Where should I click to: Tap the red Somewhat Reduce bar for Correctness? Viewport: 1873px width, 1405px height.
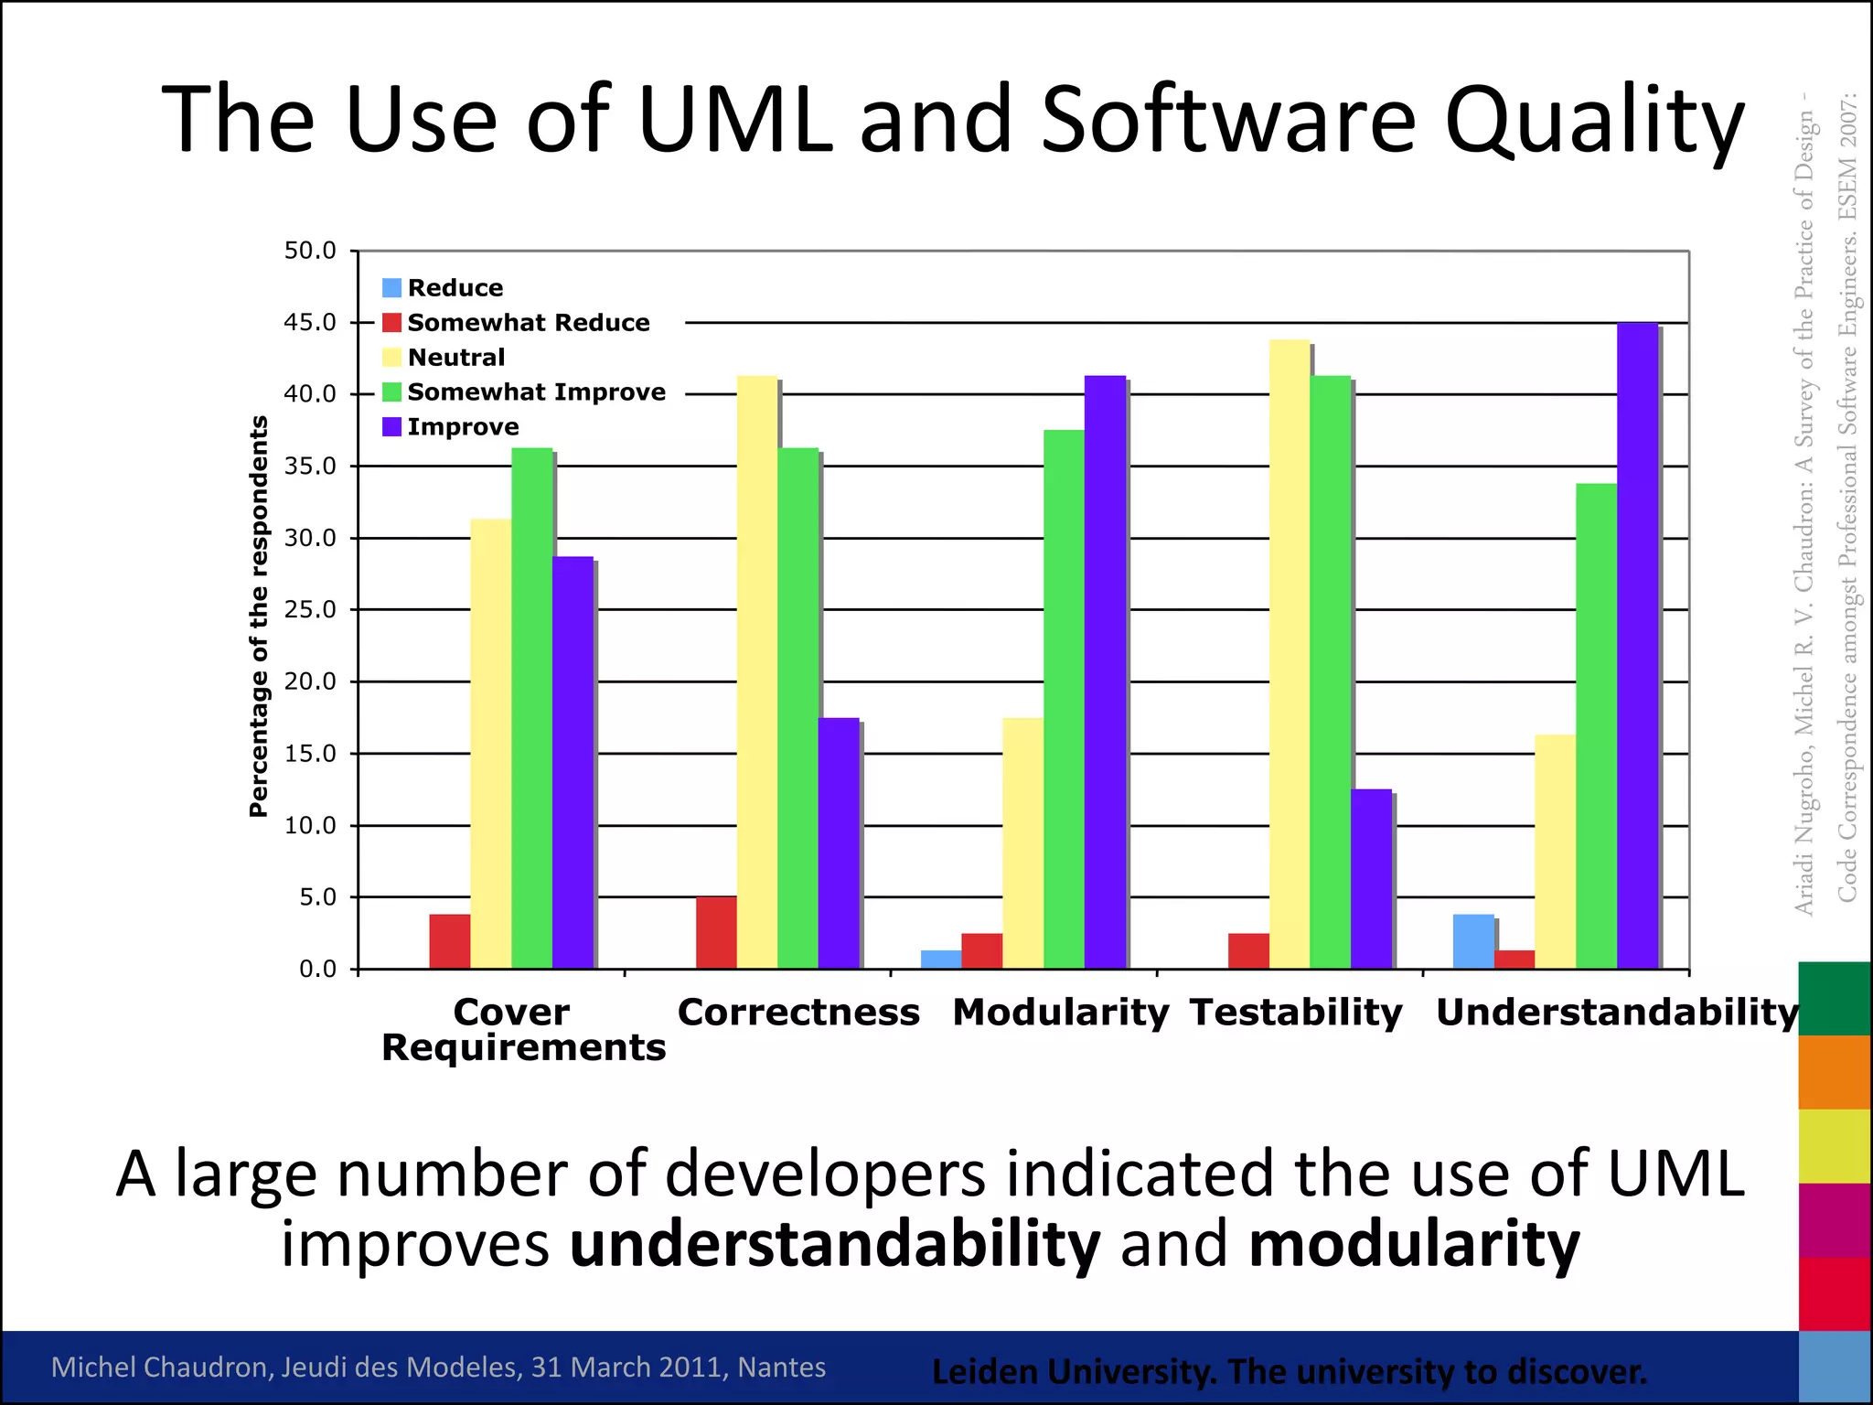(716, 932)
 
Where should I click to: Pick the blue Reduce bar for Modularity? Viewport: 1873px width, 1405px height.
(941, 960)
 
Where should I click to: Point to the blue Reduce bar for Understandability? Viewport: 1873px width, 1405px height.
(1473, 941)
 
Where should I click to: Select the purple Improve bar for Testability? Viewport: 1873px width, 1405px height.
(1371, 878)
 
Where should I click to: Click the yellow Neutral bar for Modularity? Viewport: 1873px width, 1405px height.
(1022, 842)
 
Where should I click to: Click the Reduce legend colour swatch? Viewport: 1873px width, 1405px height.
(391, 288)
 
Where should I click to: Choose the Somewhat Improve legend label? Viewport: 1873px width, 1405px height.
(536, 392)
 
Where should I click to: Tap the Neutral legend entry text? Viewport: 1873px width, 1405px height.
(455, 358)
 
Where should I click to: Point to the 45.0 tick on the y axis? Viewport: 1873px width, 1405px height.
(310, 323)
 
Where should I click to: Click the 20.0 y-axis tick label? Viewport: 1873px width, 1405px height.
(310, 681)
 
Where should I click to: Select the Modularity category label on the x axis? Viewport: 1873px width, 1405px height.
(1060, 1013)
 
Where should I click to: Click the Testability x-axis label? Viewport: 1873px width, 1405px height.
(1296, 1013)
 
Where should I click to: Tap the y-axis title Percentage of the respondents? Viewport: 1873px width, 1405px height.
(259, 616)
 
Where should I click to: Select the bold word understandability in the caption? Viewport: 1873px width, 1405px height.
(835, 1245)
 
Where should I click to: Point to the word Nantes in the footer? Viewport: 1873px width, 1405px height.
(781, 1367)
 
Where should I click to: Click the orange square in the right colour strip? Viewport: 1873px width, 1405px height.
(1834, 1072)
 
